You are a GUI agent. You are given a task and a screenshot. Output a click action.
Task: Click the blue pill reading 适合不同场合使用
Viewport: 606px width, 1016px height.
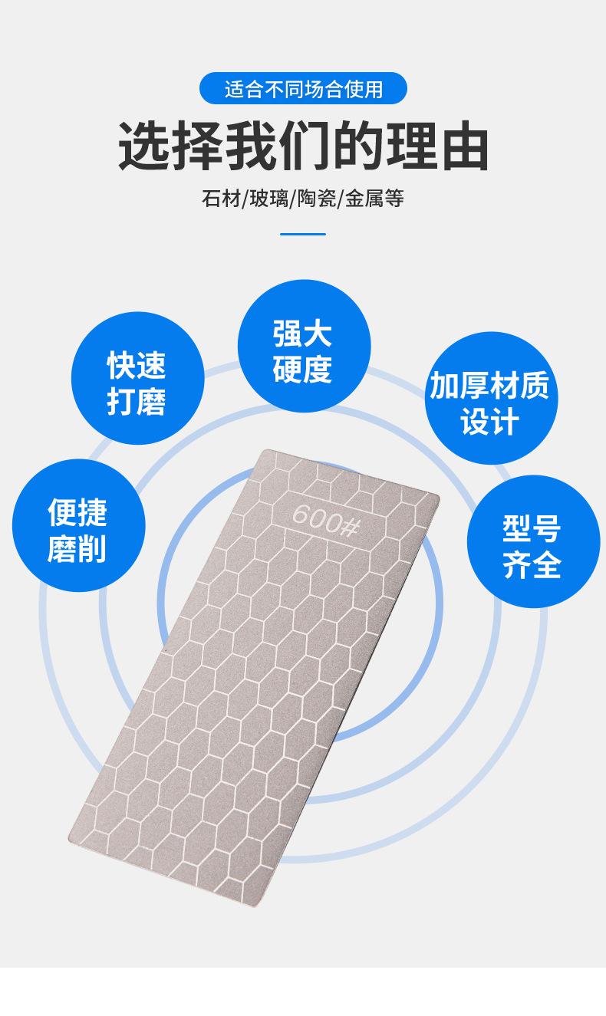(x=303, y=90)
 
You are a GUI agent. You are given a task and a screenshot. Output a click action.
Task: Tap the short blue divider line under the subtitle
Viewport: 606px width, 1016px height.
(x=303, y=234)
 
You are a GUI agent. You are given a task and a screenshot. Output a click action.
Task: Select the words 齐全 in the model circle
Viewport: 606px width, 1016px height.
(x=532, y=566)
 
